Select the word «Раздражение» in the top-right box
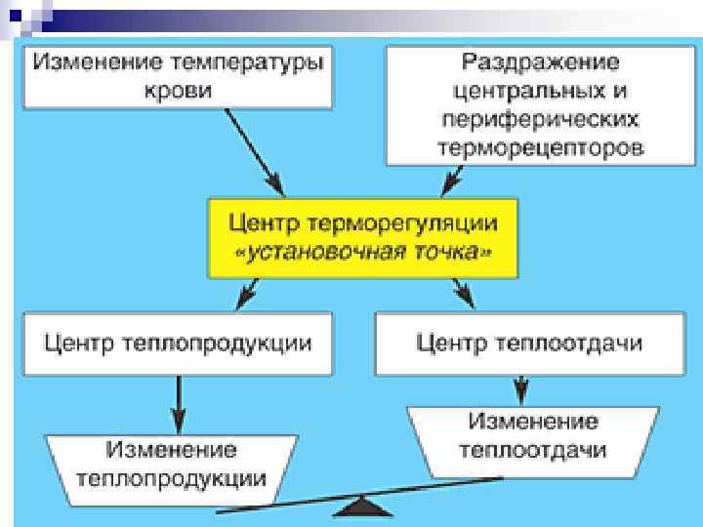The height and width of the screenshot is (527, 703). pyautogui.click(x=540, y=62)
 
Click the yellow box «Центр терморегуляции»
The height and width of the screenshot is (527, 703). pyautogui.click(x=362, y=237)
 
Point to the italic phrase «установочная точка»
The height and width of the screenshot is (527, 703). pyautogui.click(x=362, y=252)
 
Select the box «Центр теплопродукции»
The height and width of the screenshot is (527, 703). pyautogui.click(x=176, y=344)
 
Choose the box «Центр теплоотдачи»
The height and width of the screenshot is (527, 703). pyautogui.click(x=529, y=344)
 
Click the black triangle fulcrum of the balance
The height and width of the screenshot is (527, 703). pyautogui.click(x=363, y=507)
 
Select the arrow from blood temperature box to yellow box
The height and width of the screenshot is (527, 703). pyautogui.click(x=253, y=149)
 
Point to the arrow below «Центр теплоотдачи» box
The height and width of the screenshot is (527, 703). pyautogui.click(x=522, y=389)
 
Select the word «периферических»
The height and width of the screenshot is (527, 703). pyautogui.click(x=540, y=121)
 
